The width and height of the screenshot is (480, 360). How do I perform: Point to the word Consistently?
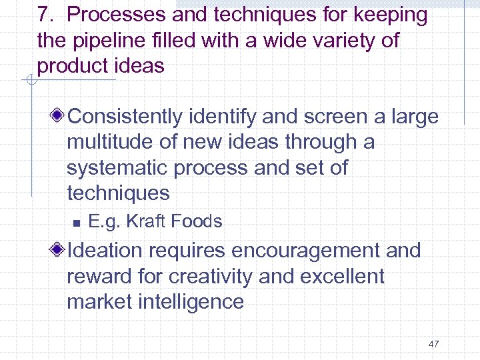(126, 117)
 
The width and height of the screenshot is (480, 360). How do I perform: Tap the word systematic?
(117, 167)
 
